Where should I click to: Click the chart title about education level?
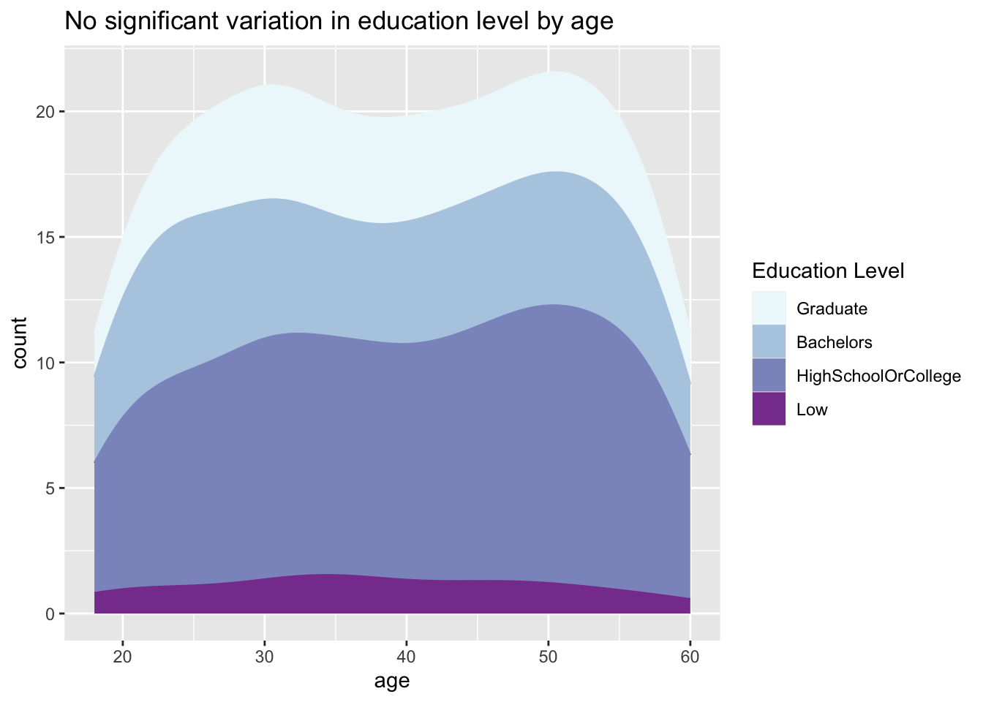click(x=339, y=22)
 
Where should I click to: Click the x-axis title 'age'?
click(x=391, y=682)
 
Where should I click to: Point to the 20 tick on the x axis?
click(x=123, y=657)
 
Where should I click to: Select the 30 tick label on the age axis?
click(x=265, y=657)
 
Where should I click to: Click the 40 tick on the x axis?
click(x=407, y=657)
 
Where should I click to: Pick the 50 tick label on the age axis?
click(x=549, y=657)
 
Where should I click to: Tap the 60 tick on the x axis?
click(x=690, y=657)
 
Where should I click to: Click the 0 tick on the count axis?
click(x=50, y=614)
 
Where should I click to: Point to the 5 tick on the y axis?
click(x=50, y=488)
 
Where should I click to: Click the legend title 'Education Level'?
click(x=828, y=271)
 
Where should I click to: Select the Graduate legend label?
click(x=832, y=309)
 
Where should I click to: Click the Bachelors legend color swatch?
click(x=769, y=341)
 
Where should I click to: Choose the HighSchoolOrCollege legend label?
click(x=878, y=377)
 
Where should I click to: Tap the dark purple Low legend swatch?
click(x=769, y=409)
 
